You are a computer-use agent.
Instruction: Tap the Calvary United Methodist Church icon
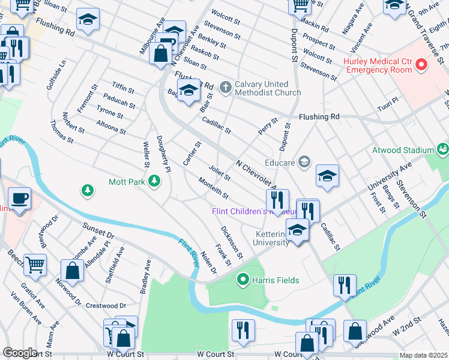coord(226,88)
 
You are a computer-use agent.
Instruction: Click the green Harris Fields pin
coord(243,280)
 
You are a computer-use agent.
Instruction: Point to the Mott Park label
coord(127,181)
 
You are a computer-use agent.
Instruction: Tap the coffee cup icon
coord(19,198)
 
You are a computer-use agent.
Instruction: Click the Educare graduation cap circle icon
coord(304,161)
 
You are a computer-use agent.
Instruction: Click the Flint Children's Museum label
coord(253,211)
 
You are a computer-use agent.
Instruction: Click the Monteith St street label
coord(214,188)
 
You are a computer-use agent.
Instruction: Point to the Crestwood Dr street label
coord(106,305)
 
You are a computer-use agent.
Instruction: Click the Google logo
coord(20,353)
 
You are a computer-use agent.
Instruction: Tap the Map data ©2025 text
coord(423,355)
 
